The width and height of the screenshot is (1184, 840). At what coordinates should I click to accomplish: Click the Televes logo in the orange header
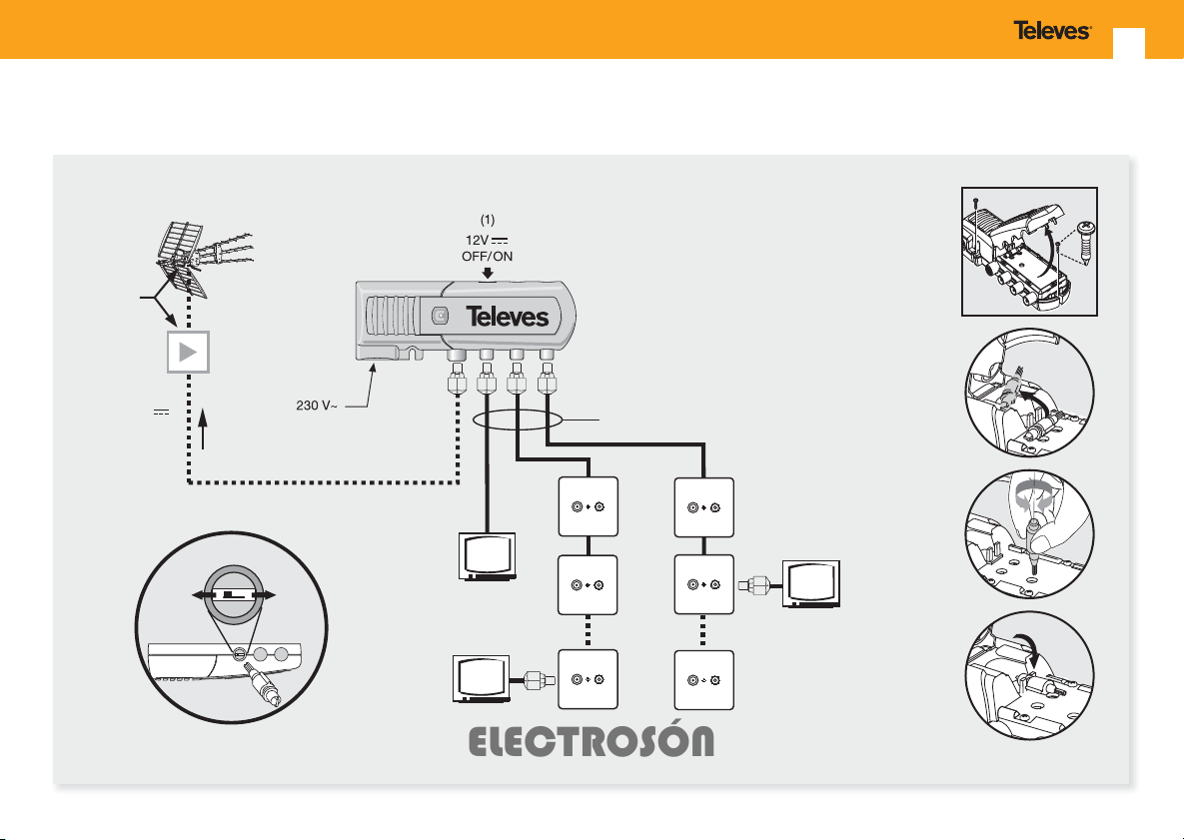point(1052,31)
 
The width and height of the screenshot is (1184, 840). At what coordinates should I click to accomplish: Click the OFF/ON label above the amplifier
point(487,256)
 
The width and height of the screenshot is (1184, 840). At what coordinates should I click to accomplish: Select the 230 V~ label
point(317,407)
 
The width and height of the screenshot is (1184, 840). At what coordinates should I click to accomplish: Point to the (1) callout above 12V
point(488,220)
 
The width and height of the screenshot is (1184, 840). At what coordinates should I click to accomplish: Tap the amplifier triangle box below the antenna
point(188,352)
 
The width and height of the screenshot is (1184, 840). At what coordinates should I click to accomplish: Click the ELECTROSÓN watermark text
point(592,742)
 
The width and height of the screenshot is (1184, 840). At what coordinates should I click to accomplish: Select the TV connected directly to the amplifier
point(488,556)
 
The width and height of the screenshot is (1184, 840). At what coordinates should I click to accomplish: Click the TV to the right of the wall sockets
point(811,584)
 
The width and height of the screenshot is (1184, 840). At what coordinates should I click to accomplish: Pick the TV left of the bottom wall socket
point(482,679)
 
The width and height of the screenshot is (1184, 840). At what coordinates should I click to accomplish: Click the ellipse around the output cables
point(518,420)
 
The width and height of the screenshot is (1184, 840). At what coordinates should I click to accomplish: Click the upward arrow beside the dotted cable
point(203,427)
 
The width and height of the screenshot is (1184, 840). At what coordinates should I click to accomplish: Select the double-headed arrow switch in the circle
point(234,595)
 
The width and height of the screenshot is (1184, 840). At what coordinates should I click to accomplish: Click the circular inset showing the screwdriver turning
point(1030,533)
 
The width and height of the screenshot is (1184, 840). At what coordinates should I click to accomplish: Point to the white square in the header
point(1129,43)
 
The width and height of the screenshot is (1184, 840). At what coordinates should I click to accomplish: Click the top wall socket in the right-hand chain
point(703,507)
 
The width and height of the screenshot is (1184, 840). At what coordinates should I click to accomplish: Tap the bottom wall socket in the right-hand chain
point(703,680)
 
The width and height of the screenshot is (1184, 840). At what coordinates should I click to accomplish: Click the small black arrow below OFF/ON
point(488,273)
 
